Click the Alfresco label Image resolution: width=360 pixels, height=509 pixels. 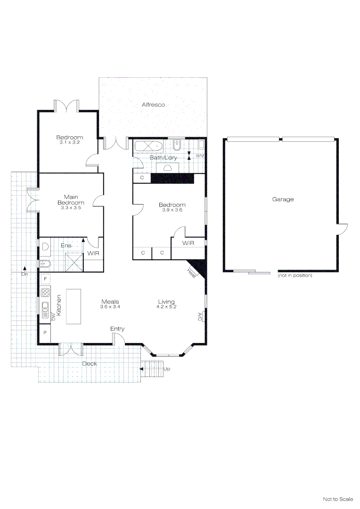(154, 105)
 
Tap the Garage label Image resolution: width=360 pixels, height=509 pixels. (283, 199)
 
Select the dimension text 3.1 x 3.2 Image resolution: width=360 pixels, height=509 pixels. (70, 142)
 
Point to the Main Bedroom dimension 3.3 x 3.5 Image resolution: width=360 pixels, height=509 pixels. (71, 207)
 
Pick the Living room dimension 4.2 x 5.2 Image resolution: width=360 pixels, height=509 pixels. (166, 307)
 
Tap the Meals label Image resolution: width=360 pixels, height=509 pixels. (110, 302)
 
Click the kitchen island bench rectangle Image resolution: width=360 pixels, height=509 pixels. (73, 306)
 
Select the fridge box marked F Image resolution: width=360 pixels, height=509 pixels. (45, 279)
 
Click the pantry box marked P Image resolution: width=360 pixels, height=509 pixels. (45, 332)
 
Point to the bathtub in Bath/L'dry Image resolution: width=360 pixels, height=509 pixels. (148, 146)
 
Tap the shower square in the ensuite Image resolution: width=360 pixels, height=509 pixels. (74, 262)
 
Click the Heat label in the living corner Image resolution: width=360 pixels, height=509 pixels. (192, 272)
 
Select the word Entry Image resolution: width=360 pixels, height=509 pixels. (117, 328)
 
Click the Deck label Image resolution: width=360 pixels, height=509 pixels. (90, 364)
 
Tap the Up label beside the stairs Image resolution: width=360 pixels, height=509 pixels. (167, 369)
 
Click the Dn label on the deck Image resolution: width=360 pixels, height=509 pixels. (24, 273)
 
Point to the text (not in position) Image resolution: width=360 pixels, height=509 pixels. (295, 275)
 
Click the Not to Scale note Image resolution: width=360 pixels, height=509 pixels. (338, 499)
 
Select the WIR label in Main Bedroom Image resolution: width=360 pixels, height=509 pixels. (93, 254)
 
